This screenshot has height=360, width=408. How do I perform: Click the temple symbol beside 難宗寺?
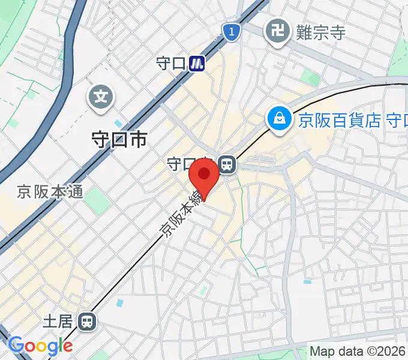[277, 31]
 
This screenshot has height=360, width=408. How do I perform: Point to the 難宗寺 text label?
[321, 32]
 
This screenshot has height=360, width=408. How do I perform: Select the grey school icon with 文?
[102, 96]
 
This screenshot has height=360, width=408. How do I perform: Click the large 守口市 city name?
[118, 140]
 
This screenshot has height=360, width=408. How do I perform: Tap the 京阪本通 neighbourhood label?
[50, 193]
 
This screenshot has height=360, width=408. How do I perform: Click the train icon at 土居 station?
[88, 322]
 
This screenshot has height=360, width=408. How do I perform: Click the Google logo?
[41, 345]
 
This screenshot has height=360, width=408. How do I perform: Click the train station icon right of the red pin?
[227, 163]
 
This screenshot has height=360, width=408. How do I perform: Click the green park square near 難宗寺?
[310, 77]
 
